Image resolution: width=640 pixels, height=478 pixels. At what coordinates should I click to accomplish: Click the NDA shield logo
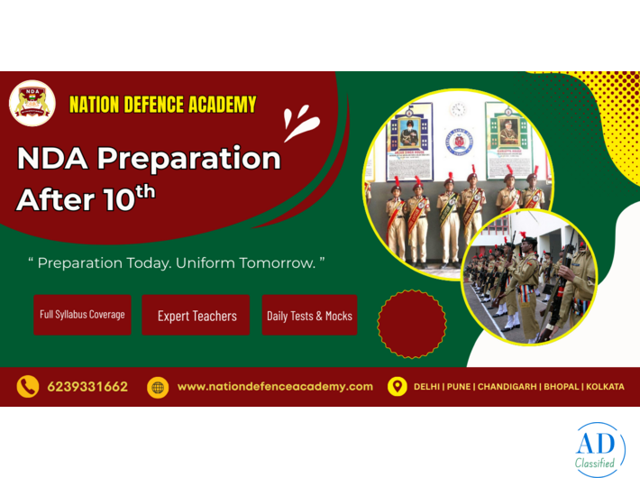tap(32, 104)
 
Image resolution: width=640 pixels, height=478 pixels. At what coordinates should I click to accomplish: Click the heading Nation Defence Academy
tap(162, 105)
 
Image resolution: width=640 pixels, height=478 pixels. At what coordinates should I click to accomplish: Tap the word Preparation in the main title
tap(188, 159)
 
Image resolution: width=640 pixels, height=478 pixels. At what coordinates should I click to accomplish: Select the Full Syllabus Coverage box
tap(82, 315)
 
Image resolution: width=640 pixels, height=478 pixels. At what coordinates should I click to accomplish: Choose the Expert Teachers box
tap(197, 316)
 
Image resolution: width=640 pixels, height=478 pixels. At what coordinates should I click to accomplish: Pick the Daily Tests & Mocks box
tap(309, 316)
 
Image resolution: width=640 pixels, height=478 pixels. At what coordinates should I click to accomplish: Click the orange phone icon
tap(28, 387)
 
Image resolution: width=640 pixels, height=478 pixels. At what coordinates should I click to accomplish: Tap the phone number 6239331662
tap(87, 387)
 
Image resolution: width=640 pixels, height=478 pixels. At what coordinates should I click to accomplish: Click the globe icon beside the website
tap(158, 387)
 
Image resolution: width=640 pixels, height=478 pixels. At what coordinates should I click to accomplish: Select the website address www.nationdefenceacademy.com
tap(275, 387)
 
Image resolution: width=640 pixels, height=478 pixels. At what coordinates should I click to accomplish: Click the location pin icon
tap(397, 387)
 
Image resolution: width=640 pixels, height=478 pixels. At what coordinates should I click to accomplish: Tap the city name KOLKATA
tap(604, 387)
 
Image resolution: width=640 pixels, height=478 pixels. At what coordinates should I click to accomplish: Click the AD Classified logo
tap(598, 449)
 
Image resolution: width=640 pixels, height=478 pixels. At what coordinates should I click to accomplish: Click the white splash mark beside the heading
tap(300, 123)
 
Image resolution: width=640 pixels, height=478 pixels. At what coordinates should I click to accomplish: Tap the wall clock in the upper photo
tap(458, 109)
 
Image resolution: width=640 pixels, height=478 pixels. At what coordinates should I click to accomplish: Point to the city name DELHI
tap(427, 387)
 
